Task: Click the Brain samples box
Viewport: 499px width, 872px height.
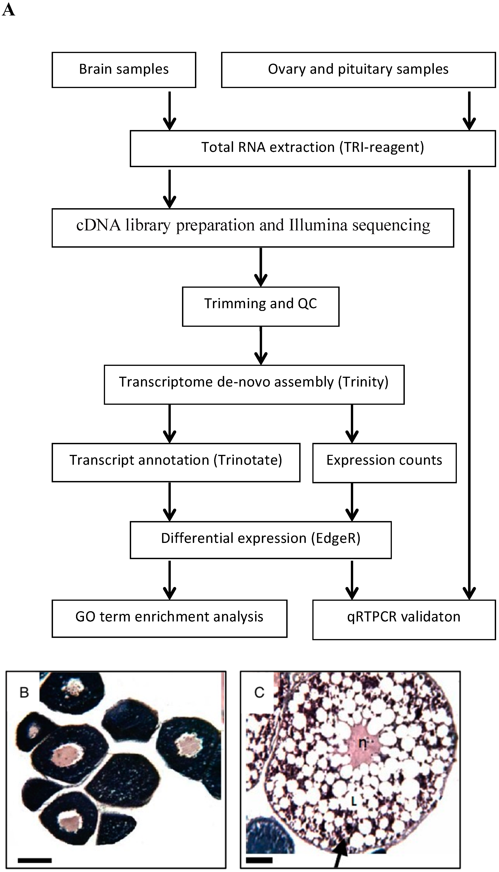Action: (124, 70)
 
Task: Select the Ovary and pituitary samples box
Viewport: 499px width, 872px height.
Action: (358, 70)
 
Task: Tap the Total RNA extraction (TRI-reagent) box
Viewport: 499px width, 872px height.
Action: (313, 148)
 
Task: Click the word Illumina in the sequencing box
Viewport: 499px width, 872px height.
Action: (318, 226)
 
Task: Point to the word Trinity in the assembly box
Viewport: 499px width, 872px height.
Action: (364, 382)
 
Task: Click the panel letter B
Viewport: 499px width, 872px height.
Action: (24, 693)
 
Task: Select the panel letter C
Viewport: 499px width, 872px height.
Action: (259, 693)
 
